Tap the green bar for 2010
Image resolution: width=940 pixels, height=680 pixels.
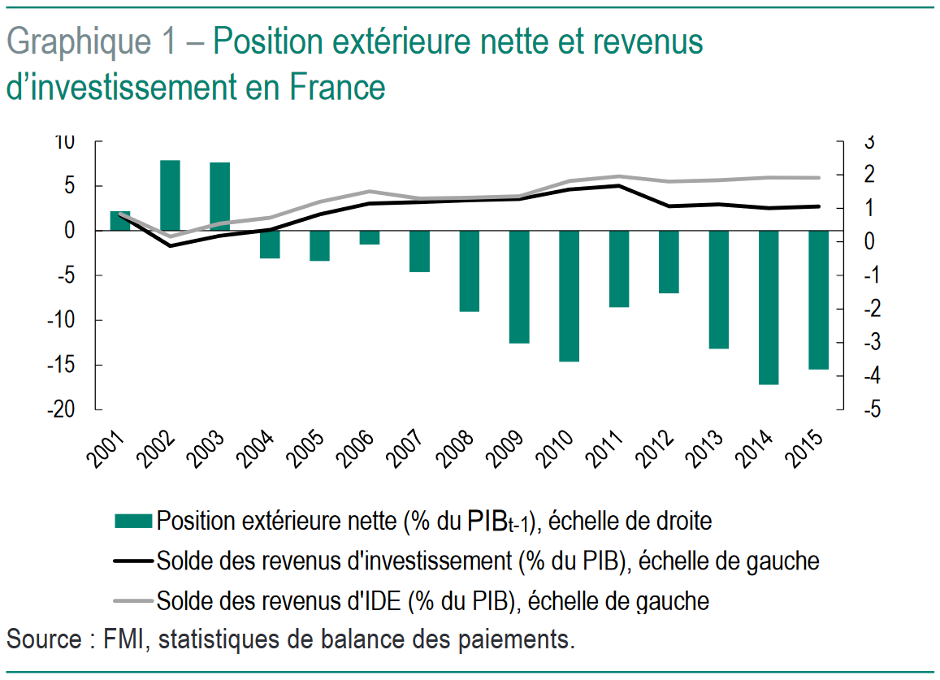pos(570,296)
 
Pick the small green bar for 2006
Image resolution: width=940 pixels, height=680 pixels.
pos(370,237)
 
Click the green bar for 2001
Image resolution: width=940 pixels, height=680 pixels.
pos(120,221)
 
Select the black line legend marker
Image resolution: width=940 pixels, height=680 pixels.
pos(133,561)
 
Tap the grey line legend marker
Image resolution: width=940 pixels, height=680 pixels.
pos(133,600)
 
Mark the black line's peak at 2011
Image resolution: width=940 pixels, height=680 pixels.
pos(619,185)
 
